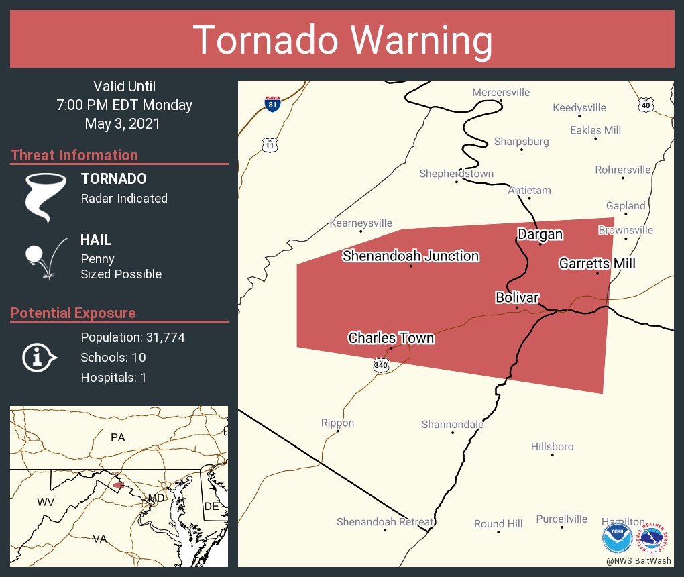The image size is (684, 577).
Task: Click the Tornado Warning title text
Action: [343, 40]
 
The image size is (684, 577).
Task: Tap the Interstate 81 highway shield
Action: [272, 103]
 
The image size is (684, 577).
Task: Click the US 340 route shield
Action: [381, 366]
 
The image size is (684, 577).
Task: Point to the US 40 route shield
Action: [645, 105]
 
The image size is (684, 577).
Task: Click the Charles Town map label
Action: [391, 337]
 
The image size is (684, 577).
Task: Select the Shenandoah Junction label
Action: [410, 256]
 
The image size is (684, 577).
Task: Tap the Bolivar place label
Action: [517, 297]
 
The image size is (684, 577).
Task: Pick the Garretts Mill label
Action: [597, 264]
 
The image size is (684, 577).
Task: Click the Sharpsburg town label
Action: [521, 141]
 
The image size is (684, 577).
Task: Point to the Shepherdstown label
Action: [456, 174]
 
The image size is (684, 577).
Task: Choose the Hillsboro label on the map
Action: [552, 446]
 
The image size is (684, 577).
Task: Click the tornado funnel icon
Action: [46, 197]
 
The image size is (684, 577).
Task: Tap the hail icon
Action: [45, 257]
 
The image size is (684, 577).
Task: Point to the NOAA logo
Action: [617, 539]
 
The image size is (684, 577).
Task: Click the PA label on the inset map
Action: [118, 437]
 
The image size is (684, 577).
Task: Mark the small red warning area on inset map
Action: [119, 484]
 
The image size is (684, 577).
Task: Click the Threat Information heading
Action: [74, 155]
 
